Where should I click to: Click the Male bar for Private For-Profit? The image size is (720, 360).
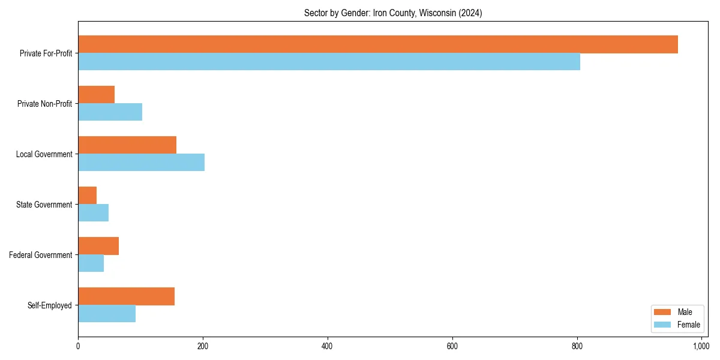pos(378,44)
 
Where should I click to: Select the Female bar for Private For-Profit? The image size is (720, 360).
pos(329,62)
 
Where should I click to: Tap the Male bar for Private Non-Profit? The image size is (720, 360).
pos(96,95)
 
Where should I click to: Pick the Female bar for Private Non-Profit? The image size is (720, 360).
pos(110,112)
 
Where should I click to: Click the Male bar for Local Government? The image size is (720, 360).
pos(127,145)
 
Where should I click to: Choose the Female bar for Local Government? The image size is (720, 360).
pos(141,163)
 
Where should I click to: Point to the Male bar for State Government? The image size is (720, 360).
pos(87,196)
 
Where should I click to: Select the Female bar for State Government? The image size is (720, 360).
pos(93,213)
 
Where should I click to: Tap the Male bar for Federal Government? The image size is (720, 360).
pos(98,246)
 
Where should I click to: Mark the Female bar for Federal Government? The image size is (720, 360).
pos(91,263)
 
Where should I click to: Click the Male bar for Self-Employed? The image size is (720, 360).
pos(126,296)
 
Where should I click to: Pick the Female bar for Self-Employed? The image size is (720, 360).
pos(107,314)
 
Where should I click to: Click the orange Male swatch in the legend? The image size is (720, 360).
pos(662,312)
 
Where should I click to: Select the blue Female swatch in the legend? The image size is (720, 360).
pos(662,325)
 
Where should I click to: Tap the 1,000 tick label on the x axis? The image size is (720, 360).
pos(701,346)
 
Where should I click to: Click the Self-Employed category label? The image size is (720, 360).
pos(49,305)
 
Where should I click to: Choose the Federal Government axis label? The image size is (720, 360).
pos(41,255)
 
